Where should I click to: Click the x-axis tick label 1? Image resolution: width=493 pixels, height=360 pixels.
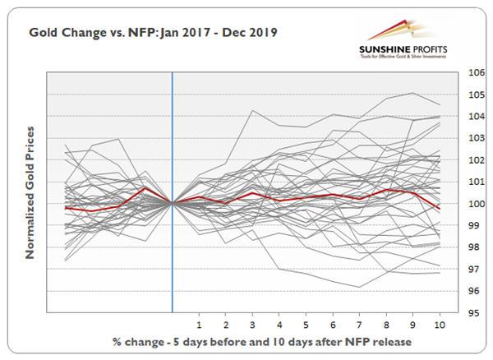(x=199, y=324)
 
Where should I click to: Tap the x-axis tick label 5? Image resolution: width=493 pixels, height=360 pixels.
(x=306, y=324)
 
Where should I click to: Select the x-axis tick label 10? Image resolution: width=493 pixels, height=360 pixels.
(x=440, y=324)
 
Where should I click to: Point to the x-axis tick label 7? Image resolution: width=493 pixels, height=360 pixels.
(x=360, y=324)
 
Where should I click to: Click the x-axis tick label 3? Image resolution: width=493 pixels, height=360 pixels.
(x=252, y=324)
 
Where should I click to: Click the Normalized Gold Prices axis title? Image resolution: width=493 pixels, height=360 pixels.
(x=30, y=192)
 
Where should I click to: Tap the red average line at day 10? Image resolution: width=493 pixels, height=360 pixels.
(x=440, y=209)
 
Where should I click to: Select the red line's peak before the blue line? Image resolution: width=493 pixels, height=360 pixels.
(x=145, y=188)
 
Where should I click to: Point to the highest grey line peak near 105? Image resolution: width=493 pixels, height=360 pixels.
(x=413, y=93)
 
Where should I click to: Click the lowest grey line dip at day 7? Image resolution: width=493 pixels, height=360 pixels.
(x=360, y=287)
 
